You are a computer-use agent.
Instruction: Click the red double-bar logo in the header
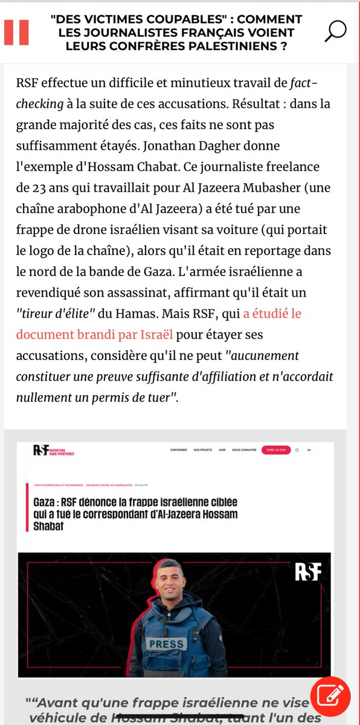tap(16, 32)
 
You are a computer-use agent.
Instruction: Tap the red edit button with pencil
tap(330, 697)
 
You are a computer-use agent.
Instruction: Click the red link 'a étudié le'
tap(272, 313)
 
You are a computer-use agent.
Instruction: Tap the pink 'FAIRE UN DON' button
tap(276, 449)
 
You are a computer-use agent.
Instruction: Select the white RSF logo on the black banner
tap(307, 572)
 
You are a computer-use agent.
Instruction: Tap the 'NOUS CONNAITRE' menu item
tap(244, 450)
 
